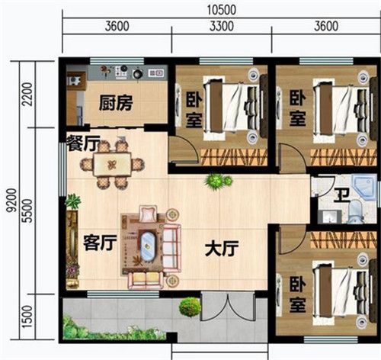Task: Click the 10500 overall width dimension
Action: [x=222, y=10]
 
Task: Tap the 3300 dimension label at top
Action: [x=222, y=26]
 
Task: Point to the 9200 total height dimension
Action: [x=11, y=200]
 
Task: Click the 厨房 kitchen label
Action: [x=116, y=103]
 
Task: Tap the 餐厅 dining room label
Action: [x=83, y=143]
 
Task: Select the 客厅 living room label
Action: [x=100, y=243]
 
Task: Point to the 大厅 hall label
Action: [x=222, y=249]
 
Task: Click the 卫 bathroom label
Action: [x=341, y=195]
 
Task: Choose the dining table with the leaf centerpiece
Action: [x=112, y=164]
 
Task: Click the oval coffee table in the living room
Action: [x=146, y=246]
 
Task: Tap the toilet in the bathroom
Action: [x=355, y=211]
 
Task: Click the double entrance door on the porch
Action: [x=228, y=307]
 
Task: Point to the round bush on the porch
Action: [x=190, y=307]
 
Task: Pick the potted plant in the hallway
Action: [x=218, y=182]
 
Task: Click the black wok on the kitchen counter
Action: [x=138, y=74]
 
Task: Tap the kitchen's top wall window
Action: [x=117, y=61]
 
